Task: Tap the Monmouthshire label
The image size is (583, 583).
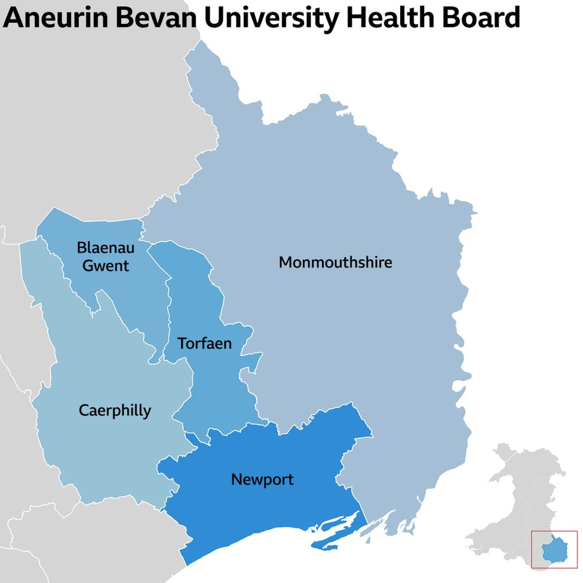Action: coord(335,262)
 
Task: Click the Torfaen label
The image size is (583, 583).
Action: coord(204,343)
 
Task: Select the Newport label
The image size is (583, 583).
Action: coord(262,479)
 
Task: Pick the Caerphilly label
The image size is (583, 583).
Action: coord(115,410)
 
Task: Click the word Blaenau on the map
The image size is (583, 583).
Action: coord(106,247)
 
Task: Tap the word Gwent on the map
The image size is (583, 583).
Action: coord(106,265)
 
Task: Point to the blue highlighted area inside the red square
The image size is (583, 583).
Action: coord(553,548)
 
